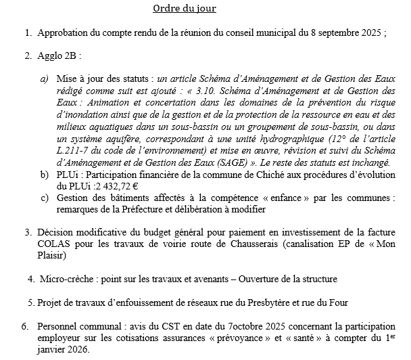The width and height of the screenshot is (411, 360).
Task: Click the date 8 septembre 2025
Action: coord(345,32)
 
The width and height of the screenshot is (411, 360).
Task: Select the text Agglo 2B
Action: coord(59,55)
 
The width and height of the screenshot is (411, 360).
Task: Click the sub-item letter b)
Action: coord(44,174)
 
